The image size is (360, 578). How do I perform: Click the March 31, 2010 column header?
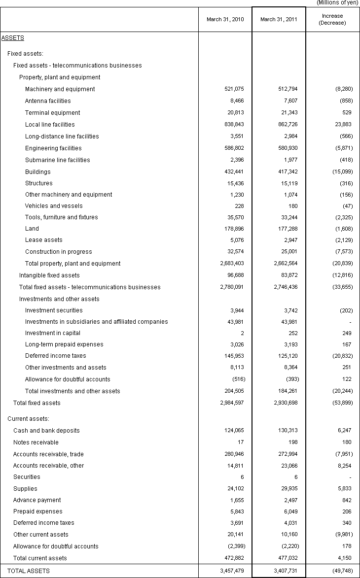(225, 19)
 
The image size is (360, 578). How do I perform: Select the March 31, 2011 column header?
(279, 19)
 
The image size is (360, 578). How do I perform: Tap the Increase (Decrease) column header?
(332, 19)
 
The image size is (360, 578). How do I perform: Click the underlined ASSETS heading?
(13, 37)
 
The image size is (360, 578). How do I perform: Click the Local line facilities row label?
(50, 125)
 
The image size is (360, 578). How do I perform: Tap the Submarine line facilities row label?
(58, 160)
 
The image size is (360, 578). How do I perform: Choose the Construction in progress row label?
(58, 252)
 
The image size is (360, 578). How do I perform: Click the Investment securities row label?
(54, 310)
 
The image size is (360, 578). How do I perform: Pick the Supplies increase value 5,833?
(344, 489)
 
